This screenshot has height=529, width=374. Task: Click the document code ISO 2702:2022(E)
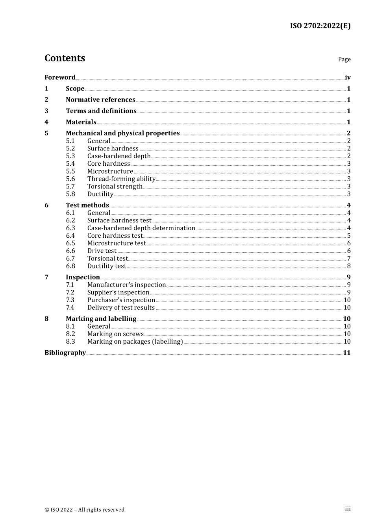click(320, 26)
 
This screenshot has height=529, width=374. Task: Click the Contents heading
click(65, 58)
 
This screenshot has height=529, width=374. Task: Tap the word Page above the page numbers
click(344, 59)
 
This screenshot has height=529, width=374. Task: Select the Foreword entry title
click(60, 78)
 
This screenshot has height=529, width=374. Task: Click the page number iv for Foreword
click(348, 78)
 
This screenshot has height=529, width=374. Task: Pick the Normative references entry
click(100, 100)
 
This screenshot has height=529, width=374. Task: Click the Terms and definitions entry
click(101, 111)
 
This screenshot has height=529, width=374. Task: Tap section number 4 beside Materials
click(46, 122)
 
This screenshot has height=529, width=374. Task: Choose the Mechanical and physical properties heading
click(122, 133)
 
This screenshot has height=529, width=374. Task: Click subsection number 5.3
click(70, 156)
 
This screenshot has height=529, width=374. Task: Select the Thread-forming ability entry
click(121, 179)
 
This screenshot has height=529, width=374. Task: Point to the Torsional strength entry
click(115, 187)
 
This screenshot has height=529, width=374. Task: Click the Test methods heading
click(87, 205)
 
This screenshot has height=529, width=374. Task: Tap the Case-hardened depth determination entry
click(141, 228)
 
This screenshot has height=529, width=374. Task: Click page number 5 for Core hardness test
click(349, 236)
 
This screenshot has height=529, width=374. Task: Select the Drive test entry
click(102, 251)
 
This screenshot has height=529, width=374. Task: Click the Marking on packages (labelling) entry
click(135, 342)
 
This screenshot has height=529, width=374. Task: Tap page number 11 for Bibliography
click(347, 353)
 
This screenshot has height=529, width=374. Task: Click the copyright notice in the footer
click(84, 510)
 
